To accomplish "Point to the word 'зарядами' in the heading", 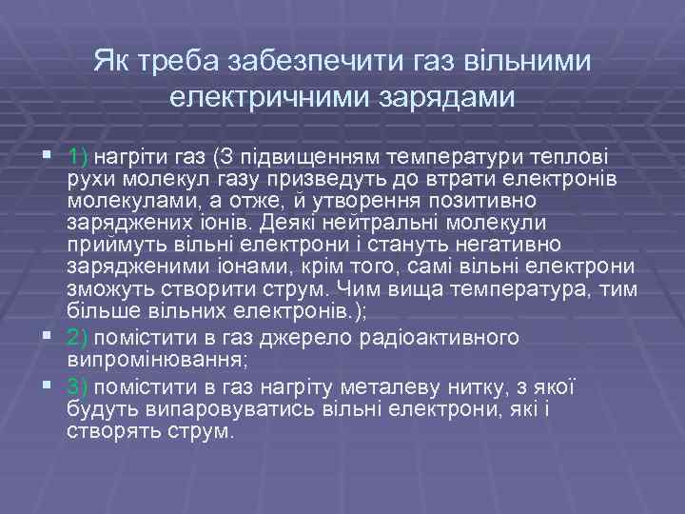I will click(x=445, y=96).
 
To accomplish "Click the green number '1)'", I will click(x=78, y=155).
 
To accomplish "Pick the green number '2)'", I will click(x=78, y=338).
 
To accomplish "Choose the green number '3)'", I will click(x=78, y=385).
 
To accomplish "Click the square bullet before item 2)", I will click(x=48, y=338).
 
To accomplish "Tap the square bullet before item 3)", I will click(x=48, y=385).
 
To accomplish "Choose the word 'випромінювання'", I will click(x=142, y=361).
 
